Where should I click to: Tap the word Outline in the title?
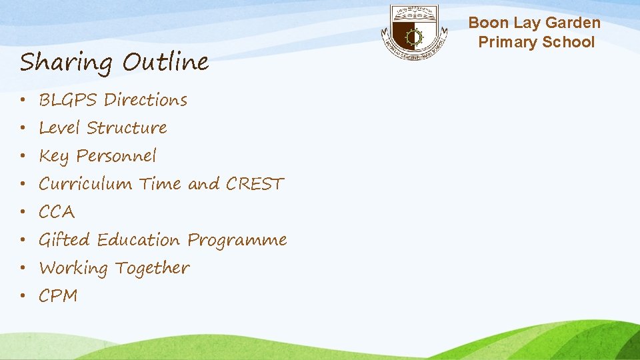coord(165,63)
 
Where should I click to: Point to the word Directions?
coord(145,100)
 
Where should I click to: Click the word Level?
coord(59,128)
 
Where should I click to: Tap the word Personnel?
coord(116,157)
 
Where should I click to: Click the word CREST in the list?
coord(255,184)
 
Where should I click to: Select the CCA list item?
coord(57,212)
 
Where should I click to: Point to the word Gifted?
coord(65,240)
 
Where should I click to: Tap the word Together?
coord(152,269)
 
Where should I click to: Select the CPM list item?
coord(58,296)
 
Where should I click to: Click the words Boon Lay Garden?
coord(534,23)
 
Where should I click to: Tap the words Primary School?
coord(536,42)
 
